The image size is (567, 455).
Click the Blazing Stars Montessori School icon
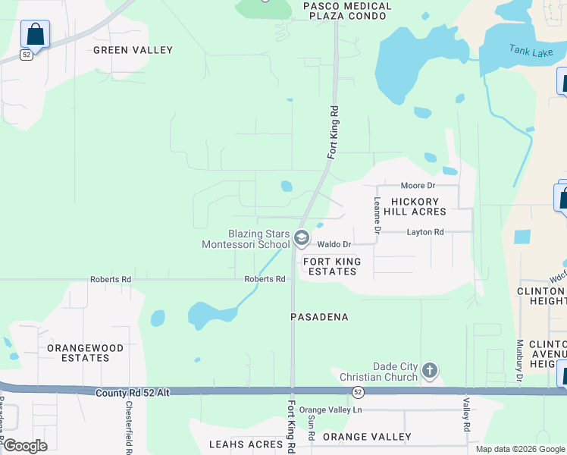301,239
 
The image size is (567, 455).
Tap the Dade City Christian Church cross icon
430,371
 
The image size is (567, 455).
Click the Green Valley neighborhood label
133,50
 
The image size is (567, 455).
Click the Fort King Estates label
332,266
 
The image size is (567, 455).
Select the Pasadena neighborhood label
320,317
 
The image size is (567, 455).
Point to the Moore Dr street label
418,186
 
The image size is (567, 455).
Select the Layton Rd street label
425,232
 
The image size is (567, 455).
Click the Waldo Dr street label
334,244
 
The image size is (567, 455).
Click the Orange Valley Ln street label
331,410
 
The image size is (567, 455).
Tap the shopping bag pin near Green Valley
35,35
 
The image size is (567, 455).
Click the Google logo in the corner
25,446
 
